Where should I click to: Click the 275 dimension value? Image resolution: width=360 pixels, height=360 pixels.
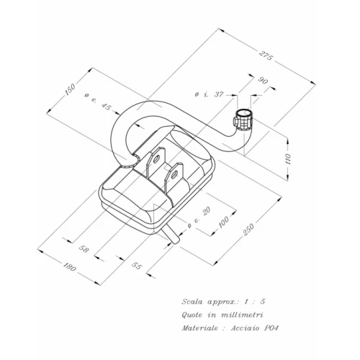[266, 55]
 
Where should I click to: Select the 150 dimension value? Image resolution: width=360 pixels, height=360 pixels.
[70, 89]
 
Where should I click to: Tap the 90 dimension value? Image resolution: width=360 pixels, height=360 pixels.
[263, 81]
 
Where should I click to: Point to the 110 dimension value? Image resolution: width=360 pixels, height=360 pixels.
[288, 158]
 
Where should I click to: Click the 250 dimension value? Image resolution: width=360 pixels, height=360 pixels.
[248, 230]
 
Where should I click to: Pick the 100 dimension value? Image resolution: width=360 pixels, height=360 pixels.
[224, 222]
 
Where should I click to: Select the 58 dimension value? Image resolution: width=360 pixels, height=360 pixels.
[84, 249]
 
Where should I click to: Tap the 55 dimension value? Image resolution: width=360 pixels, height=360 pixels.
[136, 266]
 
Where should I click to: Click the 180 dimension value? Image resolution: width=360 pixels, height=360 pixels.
[70, 266]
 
